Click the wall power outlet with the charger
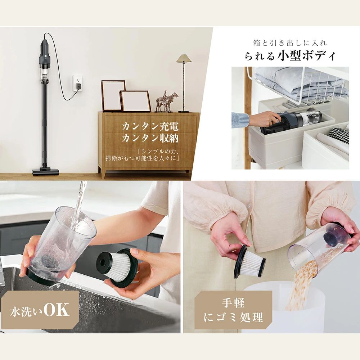[77, 83]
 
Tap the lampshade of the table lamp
[184, 59]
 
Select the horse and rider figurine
[167, 102]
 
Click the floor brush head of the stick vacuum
[46, 171]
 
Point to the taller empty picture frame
[113, 95]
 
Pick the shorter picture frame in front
[135, 101]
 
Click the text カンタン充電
[150, 127]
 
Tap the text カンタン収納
[150, 138]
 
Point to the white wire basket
[298, 86]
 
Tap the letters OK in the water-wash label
[56, 310]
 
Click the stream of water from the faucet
[80, 204]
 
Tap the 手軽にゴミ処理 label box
[234, 310]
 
